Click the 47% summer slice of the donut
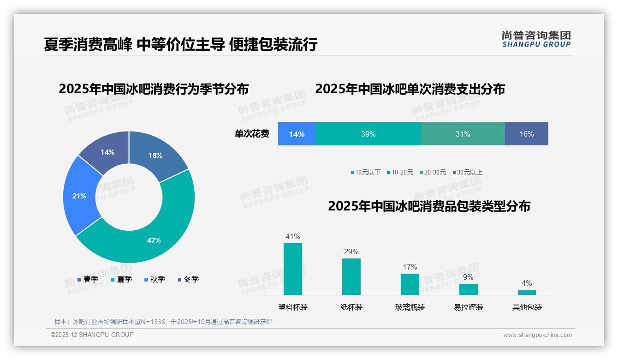[154, 240]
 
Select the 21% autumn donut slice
[79, 196]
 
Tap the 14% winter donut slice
[107, 152]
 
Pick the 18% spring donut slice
[155, 155]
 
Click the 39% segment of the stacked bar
[368, 134]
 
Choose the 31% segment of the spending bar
[463, 134]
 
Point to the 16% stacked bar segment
[526, 134]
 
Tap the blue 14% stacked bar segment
[297, 134]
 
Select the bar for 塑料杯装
[292, 269]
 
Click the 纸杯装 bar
[351, 276]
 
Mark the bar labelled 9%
[468, 289]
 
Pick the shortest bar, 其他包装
[527, 292]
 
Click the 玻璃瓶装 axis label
[410, 307]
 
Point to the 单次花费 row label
[252, 134]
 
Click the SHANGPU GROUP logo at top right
[536, 39]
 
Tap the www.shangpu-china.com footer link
[537, 335]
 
